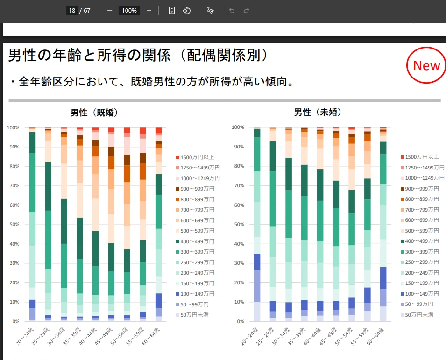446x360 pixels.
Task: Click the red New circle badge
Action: tap(426, 65)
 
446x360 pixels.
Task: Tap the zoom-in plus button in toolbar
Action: tap(149, 11)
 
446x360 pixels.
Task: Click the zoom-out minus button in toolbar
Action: tap(110, 11)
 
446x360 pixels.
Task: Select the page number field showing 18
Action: tap(72, 11)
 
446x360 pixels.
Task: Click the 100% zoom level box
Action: tap(129, 11)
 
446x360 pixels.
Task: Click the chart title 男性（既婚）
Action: tap(94, 113)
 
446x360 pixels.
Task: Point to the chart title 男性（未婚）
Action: tap(318, 112)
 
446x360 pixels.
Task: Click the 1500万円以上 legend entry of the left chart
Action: tap(195, 157)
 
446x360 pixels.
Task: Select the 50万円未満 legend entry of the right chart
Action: tap(417, 315)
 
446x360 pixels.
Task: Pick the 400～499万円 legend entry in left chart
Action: tap(195, 241)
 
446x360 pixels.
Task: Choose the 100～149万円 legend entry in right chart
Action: tap(419, 293)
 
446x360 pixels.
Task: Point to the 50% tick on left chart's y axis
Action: tap(14, 225)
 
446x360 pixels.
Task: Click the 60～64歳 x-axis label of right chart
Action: tap(376, 336)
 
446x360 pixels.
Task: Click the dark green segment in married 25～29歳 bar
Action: tap(48, 186)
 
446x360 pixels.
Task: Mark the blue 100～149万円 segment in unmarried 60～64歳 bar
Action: tap(383, 278)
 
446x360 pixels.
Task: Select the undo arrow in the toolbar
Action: tap(232, 11)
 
